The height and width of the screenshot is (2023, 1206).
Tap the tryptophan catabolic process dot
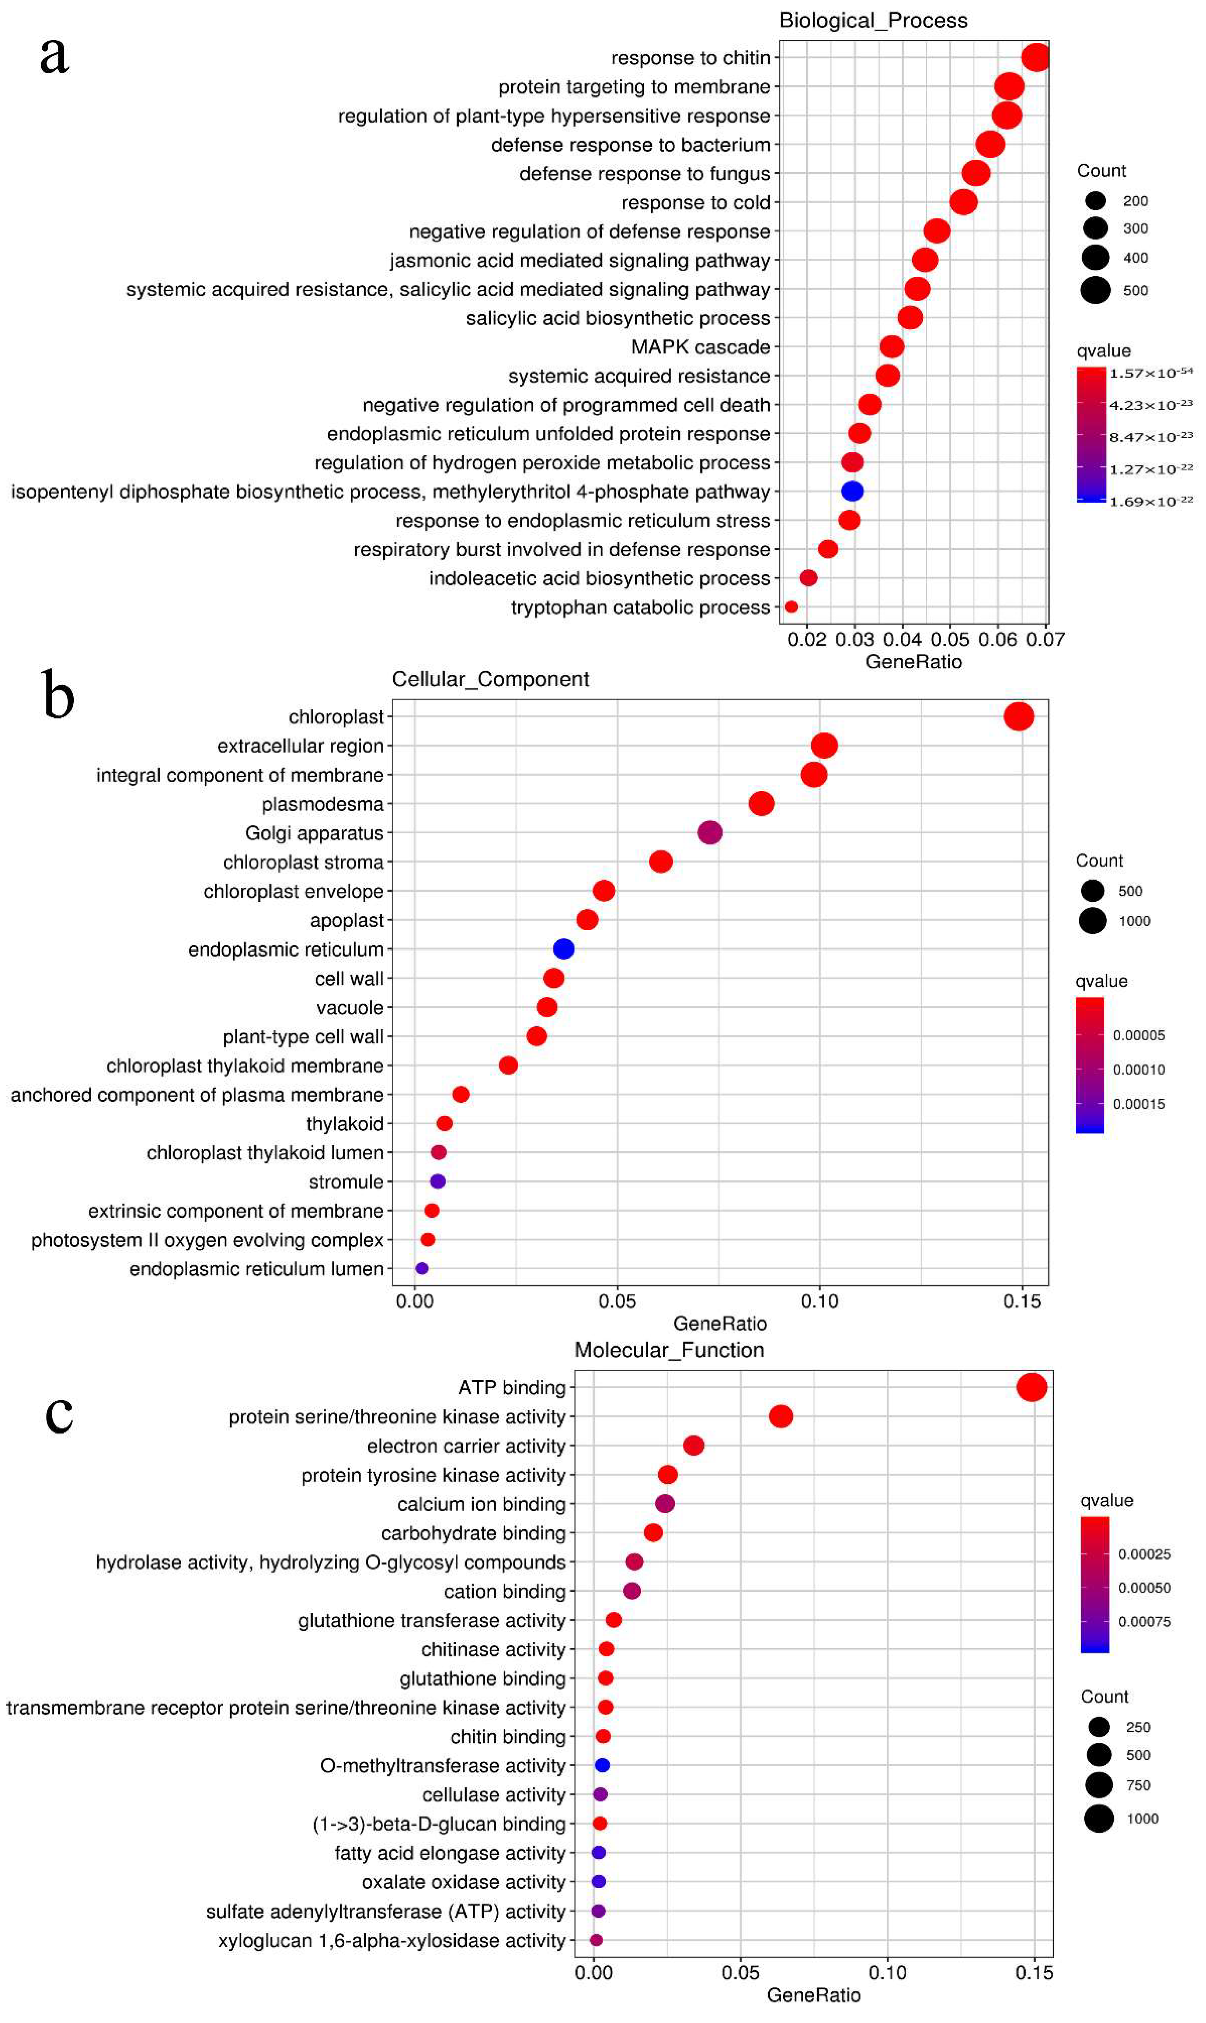click(x=791, y=607)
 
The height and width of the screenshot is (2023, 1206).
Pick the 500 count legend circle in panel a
click(x=1095, y=290)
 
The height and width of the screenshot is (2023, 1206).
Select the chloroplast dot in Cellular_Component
click(x=1018, y=717)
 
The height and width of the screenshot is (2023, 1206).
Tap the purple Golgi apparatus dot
click(x=710, y=833)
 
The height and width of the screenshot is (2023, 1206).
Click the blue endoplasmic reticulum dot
click(x=563, y=949)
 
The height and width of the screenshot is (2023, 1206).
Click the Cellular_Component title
click(x=490, y=679)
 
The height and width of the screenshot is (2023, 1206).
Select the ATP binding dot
click(x=1031, y=1388)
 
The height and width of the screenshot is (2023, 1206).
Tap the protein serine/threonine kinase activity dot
click(x=780, y=1417)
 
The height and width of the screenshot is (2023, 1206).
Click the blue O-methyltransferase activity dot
click(x=602, y=1765)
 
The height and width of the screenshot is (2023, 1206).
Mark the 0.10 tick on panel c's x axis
click(x=887, y=1973)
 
